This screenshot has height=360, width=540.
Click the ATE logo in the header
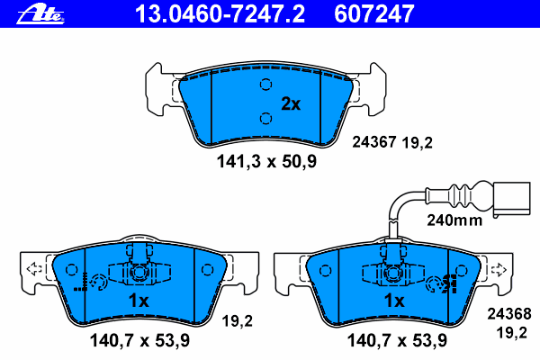tap(40, 15)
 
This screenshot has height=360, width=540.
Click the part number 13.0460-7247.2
tap(220, 14)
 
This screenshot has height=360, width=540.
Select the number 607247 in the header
tap(374, 14)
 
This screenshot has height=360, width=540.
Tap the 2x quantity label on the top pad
tap(291, 103)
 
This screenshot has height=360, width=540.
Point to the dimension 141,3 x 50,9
tap(266, 161)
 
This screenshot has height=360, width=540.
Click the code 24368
tap(509, 314)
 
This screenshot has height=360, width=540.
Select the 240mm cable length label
tap(454, 220)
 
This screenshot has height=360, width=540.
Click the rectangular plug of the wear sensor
tap(512, 200)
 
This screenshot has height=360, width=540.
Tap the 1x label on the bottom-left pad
tap(139, 301)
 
